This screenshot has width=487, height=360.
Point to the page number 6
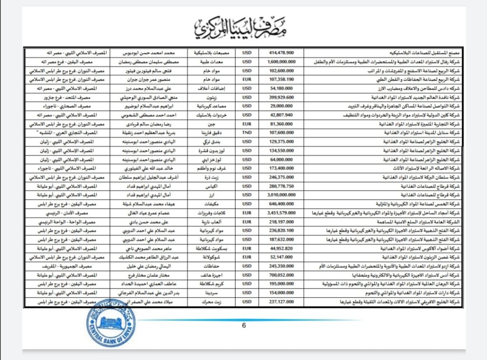[x=244, y=325]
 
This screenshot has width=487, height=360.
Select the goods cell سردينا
[x=212, y=293]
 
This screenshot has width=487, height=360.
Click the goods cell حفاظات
[x=212, y=266]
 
